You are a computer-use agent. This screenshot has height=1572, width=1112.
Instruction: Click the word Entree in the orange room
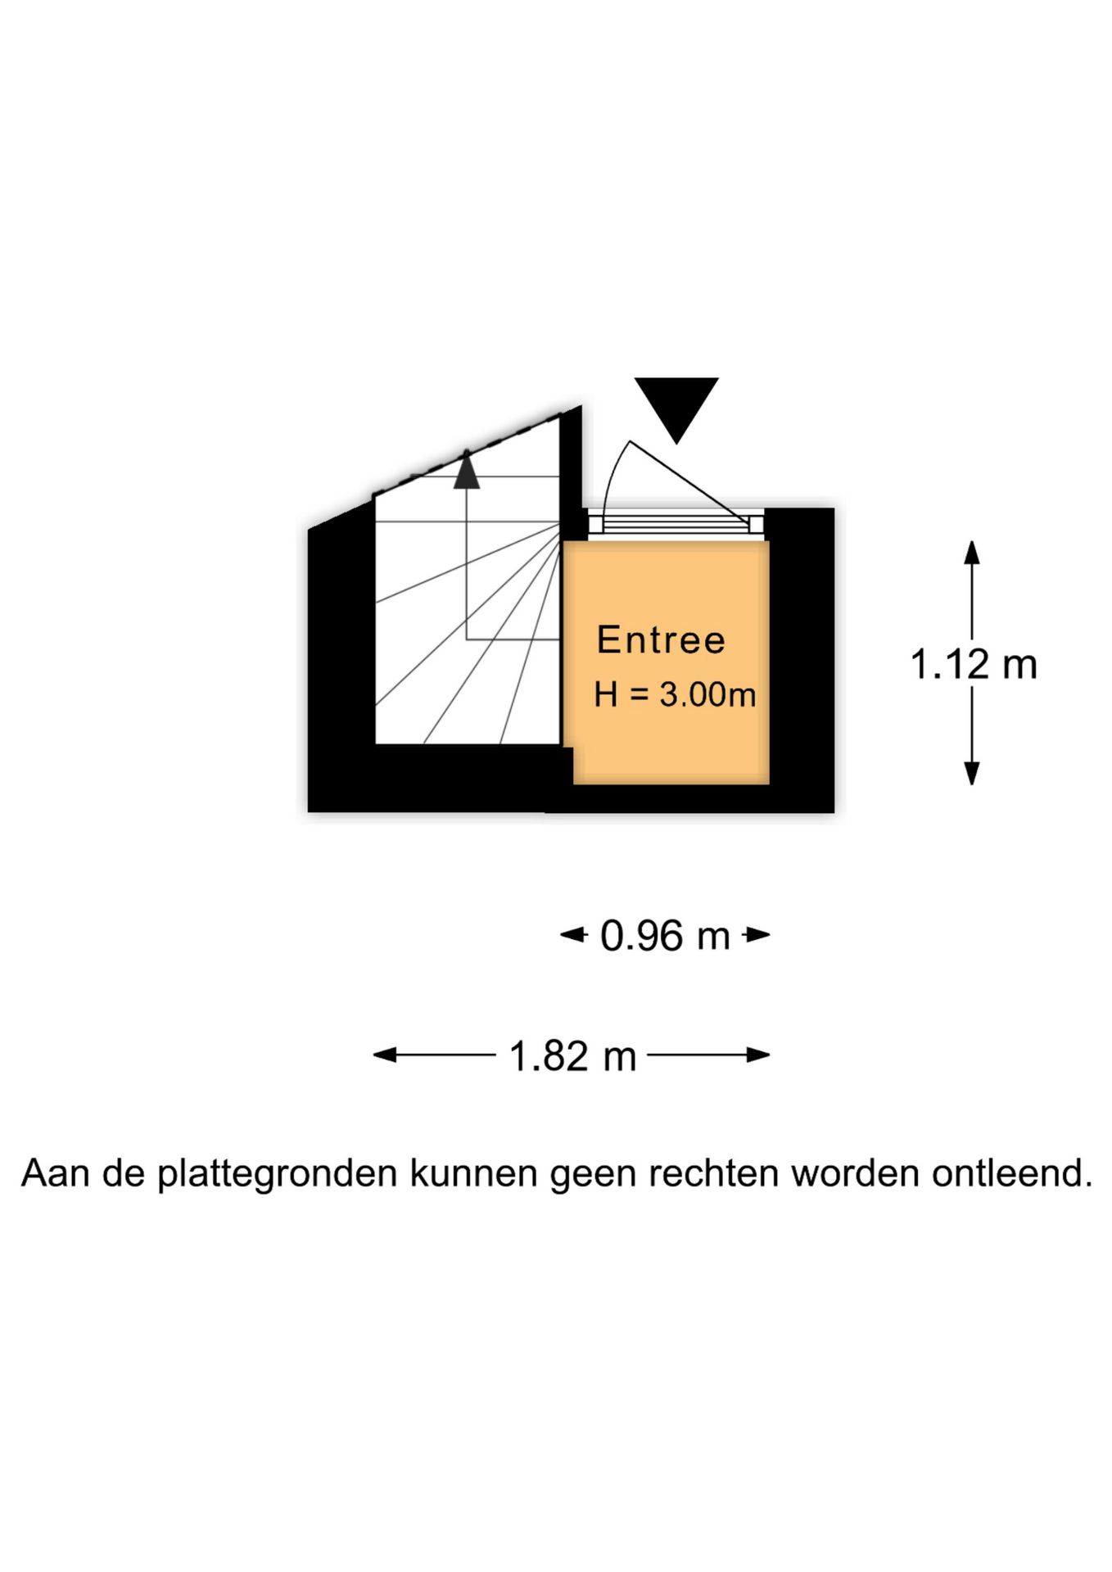[x=661, y=639]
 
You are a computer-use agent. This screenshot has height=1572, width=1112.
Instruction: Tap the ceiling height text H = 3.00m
[x=675, y=694]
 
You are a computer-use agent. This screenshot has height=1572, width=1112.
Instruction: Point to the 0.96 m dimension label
[x=665, y=935]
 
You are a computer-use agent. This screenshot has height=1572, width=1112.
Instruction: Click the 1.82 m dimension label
[x=572, y=1055]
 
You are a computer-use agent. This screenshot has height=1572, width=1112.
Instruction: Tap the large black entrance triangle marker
[x=676, y=410]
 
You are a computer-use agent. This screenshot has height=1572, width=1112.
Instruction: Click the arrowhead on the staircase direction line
[x=467, y=471]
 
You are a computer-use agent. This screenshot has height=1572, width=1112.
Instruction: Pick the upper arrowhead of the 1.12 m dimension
[x=972, y=553]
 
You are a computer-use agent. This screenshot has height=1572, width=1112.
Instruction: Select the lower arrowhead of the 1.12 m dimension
[x=972, y=773]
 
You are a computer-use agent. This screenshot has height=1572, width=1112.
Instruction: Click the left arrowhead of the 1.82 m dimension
[x=385, y=1055]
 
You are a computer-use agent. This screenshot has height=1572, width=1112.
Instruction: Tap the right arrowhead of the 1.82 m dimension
[x=758, y=1055]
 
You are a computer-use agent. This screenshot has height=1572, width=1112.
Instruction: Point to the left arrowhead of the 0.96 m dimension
[x=573, y=934]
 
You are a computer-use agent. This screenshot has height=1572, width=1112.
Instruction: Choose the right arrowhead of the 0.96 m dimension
[x=757, y=934]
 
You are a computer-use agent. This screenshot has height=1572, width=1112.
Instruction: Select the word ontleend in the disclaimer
[x=1012, y=1172]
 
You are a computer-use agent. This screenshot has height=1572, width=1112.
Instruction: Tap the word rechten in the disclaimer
[x=713, y=1172]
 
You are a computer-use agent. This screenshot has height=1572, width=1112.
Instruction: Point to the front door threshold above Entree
[x=676, y=523]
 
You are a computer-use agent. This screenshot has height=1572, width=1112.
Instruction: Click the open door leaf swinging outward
[x=689, y=481]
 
